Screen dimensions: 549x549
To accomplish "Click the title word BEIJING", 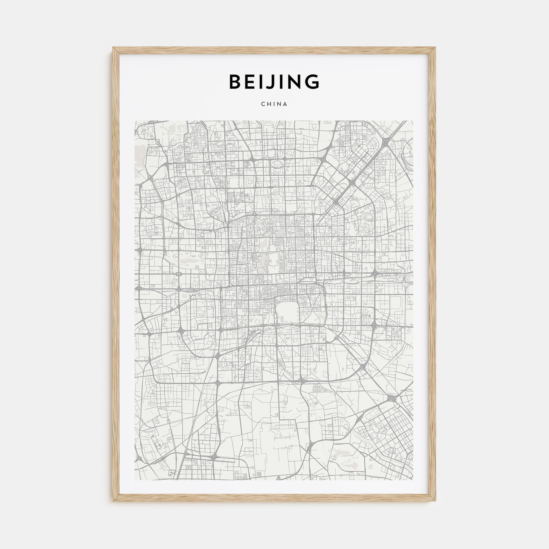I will [x=274, y=81].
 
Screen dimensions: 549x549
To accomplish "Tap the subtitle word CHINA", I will [x=274, y=104].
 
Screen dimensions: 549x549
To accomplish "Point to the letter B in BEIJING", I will [x=235, y=81].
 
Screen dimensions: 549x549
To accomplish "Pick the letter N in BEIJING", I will [x=294, y=81].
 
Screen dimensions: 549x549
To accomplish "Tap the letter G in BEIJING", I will [x=313, y=81].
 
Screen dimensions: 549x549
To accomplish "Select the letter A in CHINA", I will [x=286, y=104].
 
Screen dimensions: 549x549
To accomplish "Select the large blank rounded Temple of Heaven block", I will [x=288, y=312].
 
